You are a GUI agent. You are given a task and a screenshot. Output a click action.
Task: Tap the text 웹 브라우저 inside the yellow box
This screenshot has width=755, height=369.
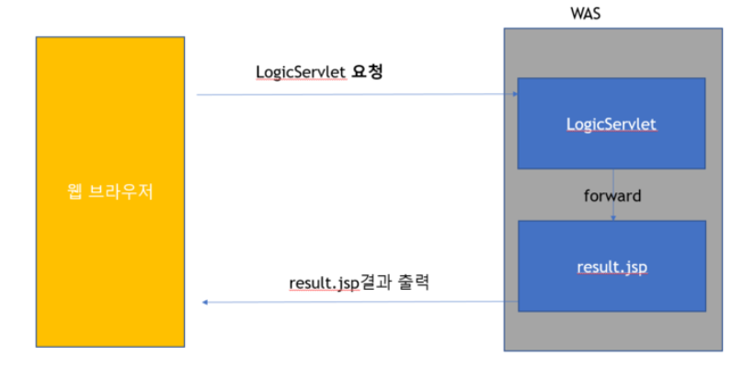click(109, 193)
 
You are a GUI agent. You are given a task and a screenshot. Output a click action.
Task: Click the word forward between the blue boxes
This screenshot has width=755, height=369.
click(612, 195)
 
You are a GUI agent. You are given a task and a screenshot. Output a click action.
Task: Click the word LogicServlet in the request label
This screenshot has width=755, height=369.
click(301, 72)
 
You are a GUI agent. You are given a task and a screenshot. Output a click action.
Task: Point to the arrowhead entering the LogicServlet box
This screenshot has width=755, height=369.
click(513, 94)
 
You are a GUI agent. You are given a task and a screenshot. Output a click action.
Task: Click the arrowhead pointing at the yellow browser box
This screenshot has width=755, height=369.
click(205, 303)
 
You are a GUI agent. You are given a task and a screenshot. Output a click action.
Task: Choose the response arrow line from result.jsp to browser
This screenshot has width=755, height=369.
click(359, 302)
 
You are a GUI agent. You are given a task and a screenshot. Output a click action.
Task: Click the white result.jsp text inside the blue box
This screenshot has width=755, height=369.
click(611, 268)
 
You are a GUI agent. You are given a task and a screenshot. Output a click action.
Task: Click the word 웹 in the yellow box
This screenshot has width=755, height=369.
click(76, 193)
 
